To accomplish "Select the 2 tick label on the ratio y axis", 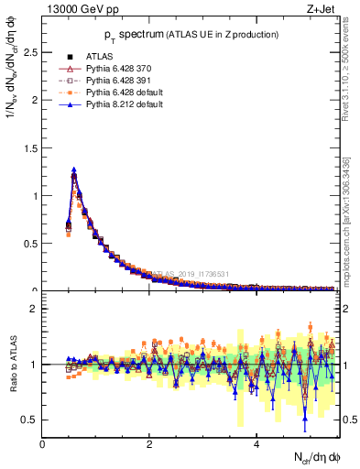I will [34, 309].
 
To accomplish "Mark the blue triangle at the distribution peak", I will [73, 169].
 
